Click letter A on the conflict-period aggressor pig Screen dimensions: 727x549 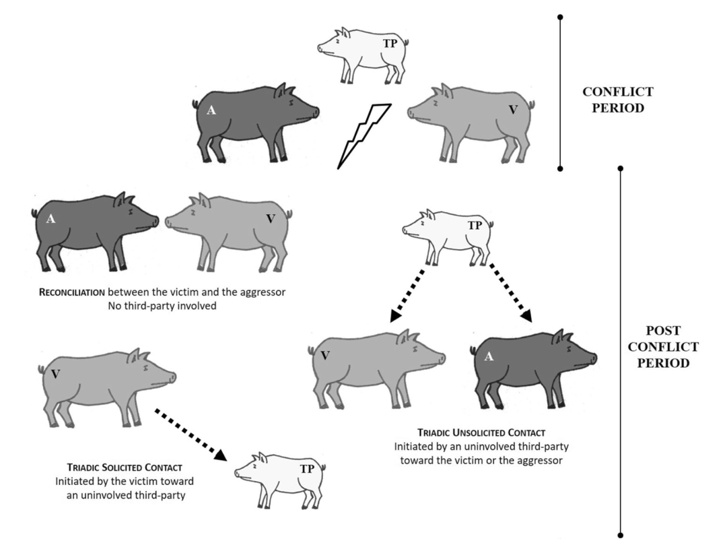(211, 111)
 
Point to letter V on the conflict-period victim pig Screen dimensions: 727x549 (513, 109)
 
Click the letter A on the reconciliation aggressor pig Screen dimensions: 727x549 (51, 218)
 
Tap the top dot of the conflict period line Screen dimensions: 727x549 (560, 16)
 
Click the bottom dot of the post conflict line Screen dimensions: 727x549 (620, 536)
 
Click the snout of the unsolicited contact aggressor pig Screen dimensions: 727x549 (592, 358)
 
